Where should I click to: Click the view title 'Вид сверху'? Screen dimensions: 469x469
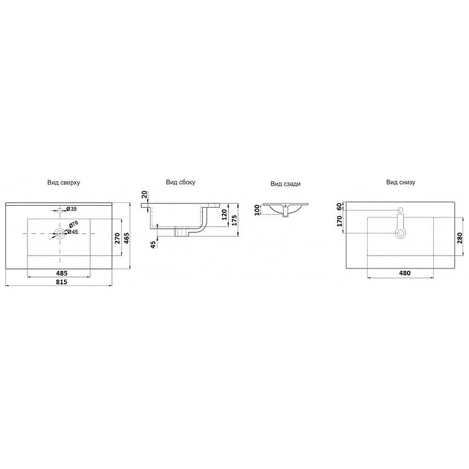pos(63,182)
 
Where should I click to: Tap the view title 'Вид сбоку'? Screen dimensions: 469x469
pos(181,182)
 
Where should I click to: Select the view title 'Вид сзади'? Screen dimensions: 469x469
pos(286,184)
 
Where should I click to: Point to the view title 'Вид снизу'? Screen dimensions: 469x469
pos(400,182)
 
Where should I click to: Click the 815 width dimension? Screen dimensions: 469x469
pos(62,282)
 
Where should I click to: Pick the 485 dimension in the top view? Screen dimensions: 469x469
pos(62,273)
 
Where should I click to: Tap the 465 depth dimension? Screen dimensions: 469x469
pos(127,238)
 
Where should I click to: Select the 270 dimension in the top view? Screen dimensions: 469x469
pos(118,238)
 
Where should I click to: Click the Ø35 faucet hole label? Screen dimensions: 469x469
pos(71,209)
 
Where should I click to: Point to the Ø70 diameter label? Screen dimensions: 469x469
pos(73,224)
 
